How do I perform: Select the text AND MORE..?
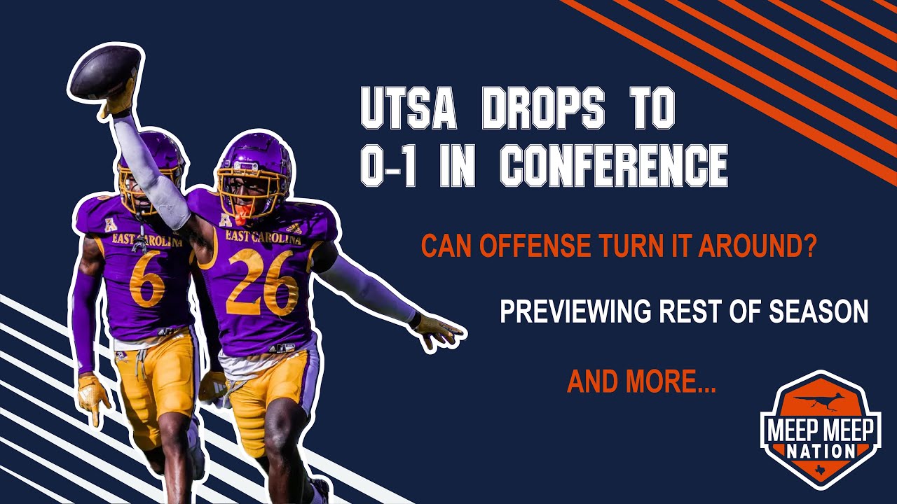[641, 381]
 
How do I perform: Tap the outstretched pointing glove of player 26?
[437, 330]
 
